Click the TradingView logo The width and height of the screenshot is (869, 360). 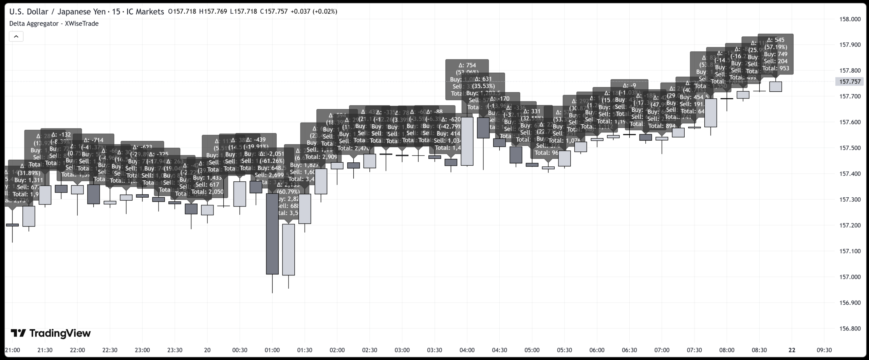[51, 333]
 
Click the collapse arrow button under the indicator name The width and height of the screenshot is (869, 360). [16, 36]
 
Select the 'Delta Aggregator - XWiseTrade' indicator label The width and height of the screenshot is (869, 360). [54, 23]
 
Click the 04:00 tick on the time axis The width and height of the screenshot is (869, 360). [467, 350]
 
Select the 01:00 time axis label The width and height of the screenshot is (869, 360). [272, 350]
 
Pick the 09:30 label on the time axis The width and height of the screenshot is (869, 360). [824, 350]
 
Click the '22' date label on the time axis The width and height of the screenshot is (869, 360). [792, 350]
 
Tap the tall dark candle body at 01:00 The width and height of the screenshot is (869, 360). [272, 234]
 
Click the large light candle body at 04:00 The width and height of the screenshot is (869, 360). [467, 141]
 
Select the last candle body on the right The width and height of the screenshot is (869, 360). [775, 87]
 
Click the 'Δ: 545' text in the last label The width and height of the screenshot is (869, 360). [775, 40]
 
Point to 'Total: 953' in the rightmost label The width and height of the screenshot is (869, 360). [775, 68]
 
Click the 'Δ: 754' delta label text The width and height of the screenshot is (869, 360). [467, 65]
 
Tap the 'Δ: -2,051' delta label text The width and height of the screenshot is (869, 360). [272, 154]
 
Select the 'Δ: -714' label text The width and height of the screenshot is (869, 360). [93, 140]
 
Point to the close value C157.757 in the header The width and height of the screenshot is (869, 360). [274, 12]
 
